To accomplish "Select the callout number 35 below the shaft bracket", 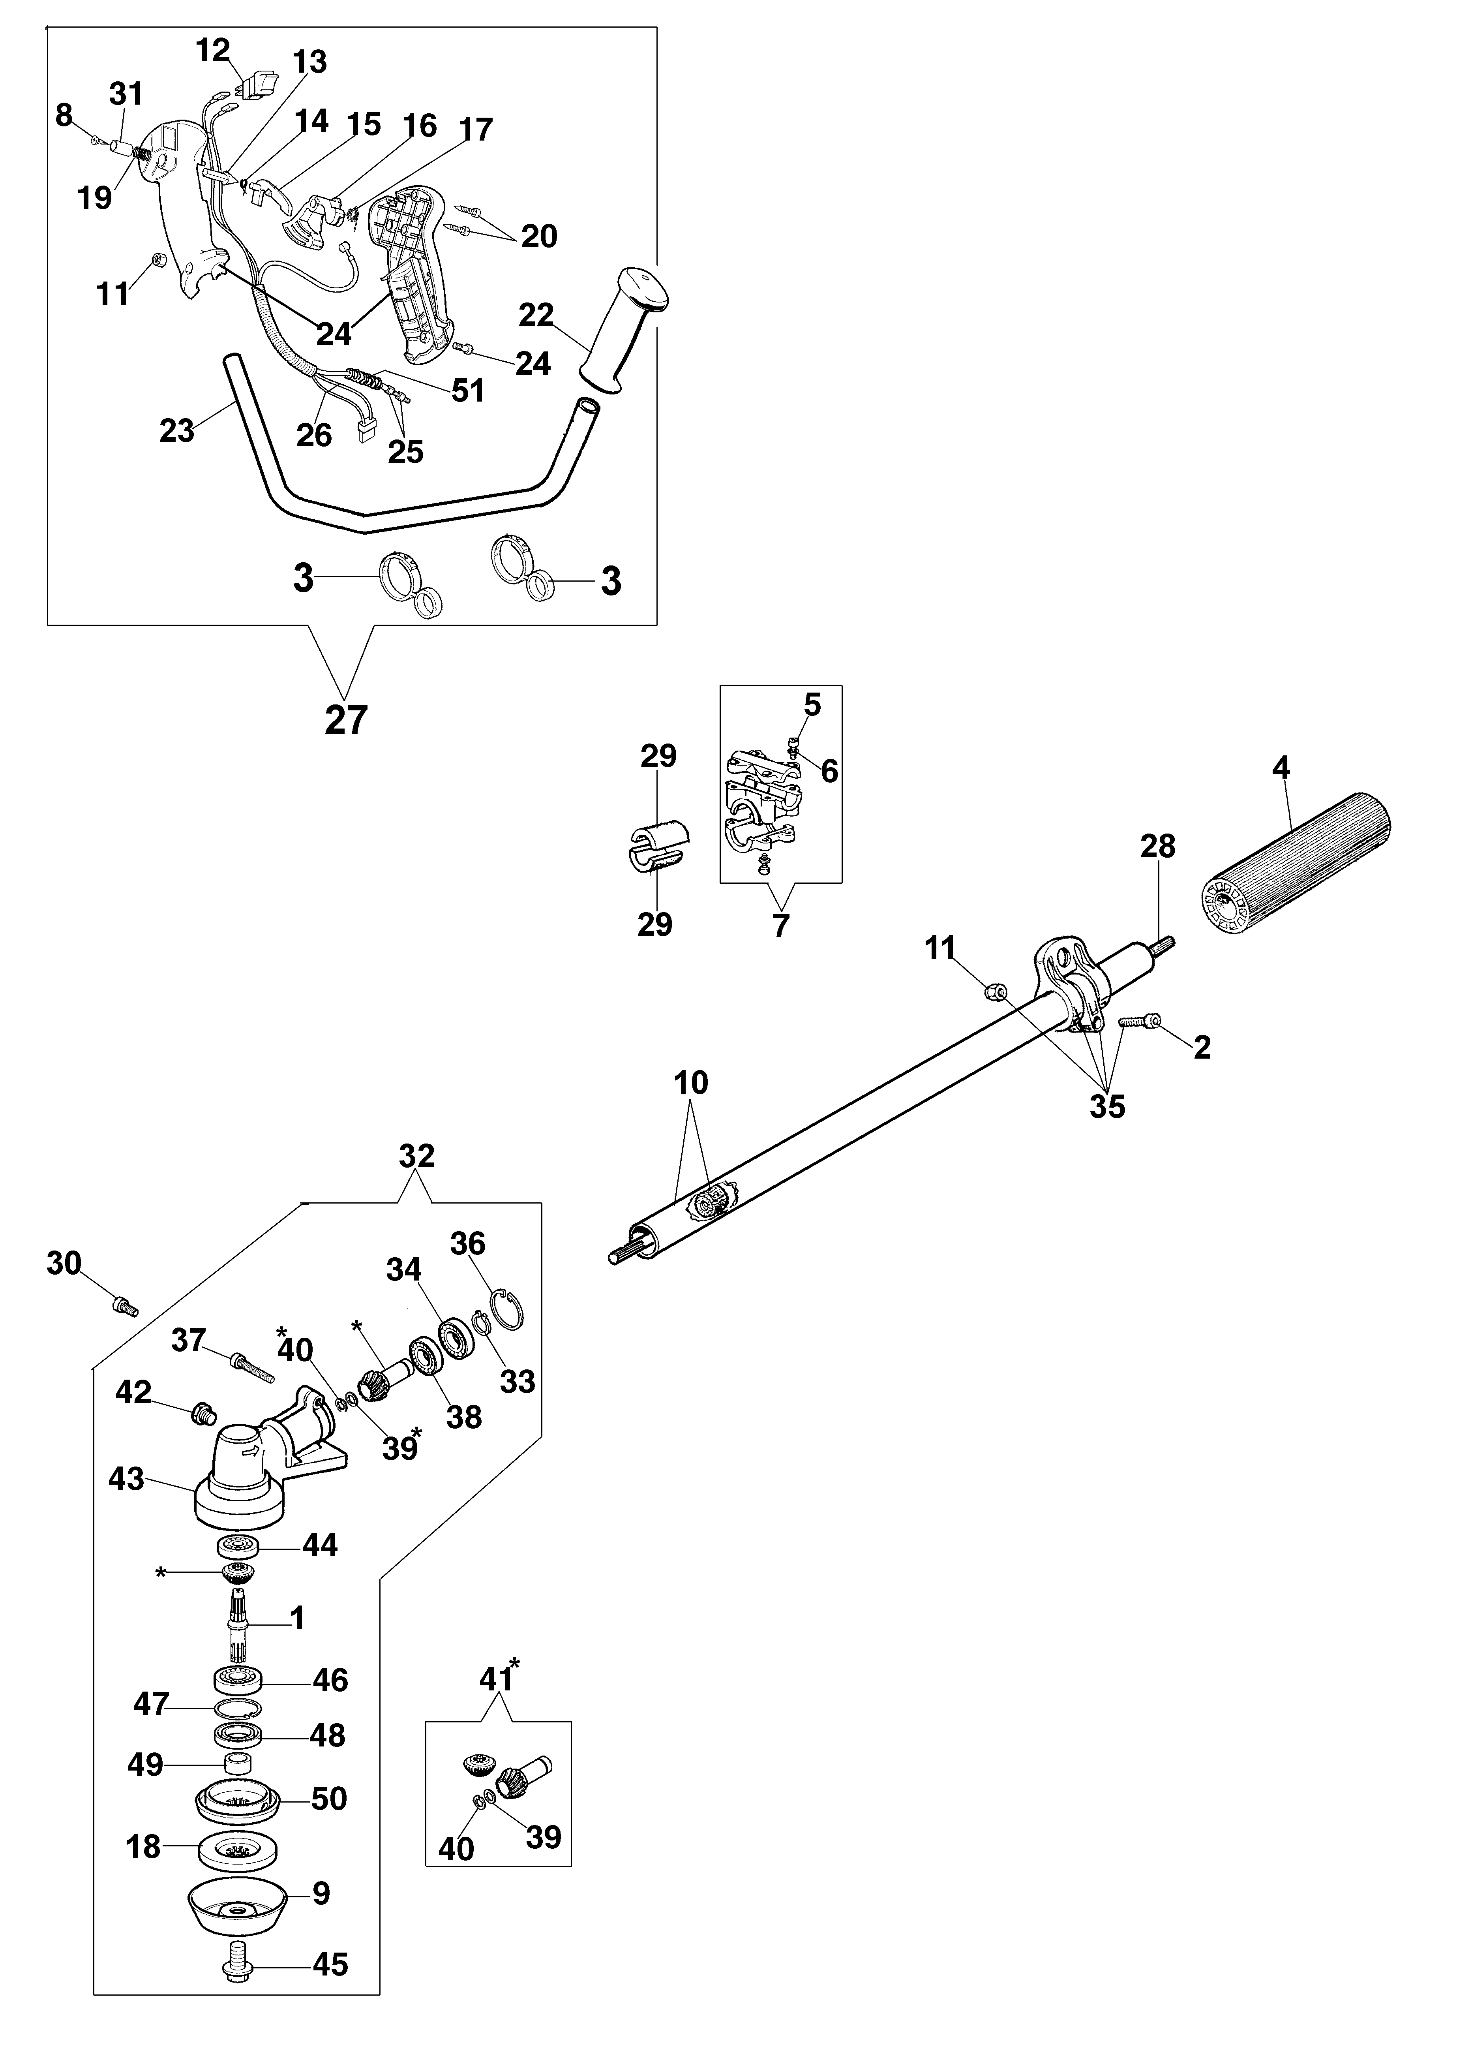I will click(x=1107, y=1106).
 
